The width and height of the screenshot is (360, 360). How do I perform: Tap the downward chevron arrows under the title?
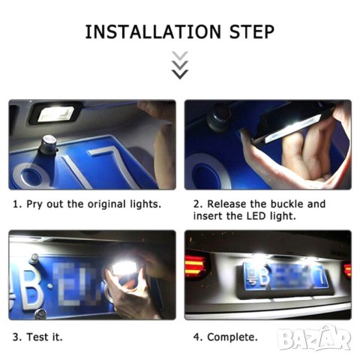(180, 65)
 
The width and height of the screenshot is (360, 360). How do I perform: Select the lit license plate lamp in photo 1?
(55, 113)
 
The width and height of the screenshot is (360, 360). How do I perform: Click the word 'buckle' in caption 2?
(306, 204)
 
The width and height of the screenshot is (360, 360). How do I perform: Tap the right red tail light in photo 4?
(346, 269)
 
